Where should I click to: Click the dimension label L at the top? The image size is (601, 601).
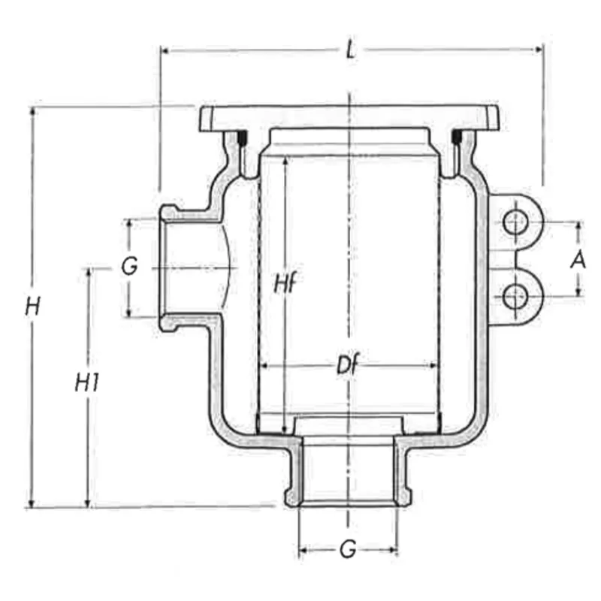(x=350, y=51)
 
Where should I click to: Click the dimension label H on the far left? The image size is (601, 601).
(x=32, y=306)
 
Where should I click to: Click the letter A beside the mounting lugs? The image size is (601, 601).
(x=578, y=260)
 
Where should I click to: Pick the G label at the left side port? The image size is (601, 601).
(x=130, y=267)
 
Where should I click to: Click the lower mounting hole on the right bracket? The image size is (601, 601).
(x=515, y=297)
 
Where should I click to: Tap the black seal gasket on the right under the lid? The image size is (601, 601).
(x=455, y=138)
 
